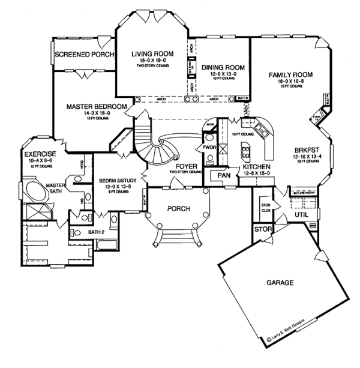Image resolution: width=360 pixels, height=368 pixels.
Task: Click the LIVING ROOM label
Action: point(152,53)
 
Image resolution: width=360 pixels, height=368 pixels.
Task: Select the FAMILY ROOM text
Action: point(290,74)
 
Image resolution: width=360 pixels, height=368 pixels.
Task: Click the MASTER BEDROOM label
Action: point(97,107)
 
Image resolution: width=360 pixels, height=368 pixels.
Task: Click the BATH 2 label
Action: point(97,231)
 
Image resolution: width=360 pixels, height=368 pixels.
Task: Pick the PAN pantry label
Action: point(225,175)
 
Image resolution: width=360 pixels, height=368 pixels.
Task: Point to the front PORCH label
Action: point(178,209)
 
